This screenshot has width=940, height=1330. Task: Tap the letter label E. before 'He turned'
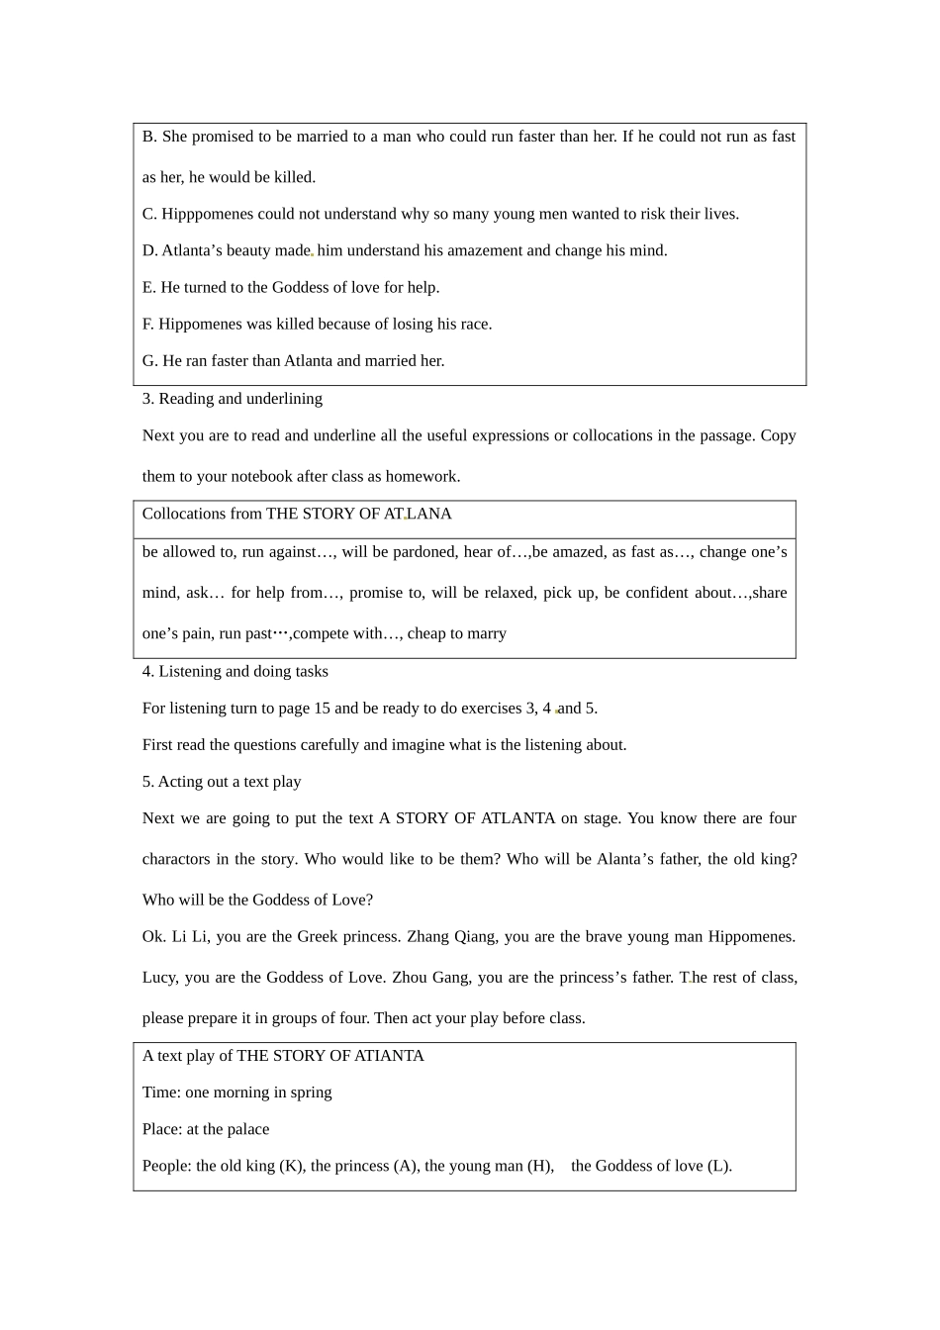click(x=149, y=287)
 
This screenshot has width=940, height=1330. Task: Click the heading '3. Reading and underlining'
click(x=233, y=398)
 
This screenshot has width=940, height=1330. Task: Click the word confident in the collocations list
click(x=658, y=593)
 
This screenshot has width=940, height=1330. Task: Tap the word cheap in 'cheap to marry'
click(x=427, y=633)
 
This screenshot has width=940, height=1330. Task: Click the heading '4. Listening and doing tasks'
click(x=235, y=671)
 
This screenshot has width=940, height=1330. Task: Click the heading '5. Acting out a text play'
click(x=222, y=781)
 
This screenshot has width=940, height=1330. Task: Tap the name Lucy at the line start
click(x=158, y=977)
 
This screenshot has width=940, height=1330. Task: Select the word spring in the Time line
click(x=311, y=1092)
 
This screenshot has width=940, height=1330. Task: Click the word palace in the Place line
click(x=247, y=1129)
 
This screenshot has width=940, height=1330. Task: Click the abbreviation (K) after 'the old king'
click(x=292, y=1166)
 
